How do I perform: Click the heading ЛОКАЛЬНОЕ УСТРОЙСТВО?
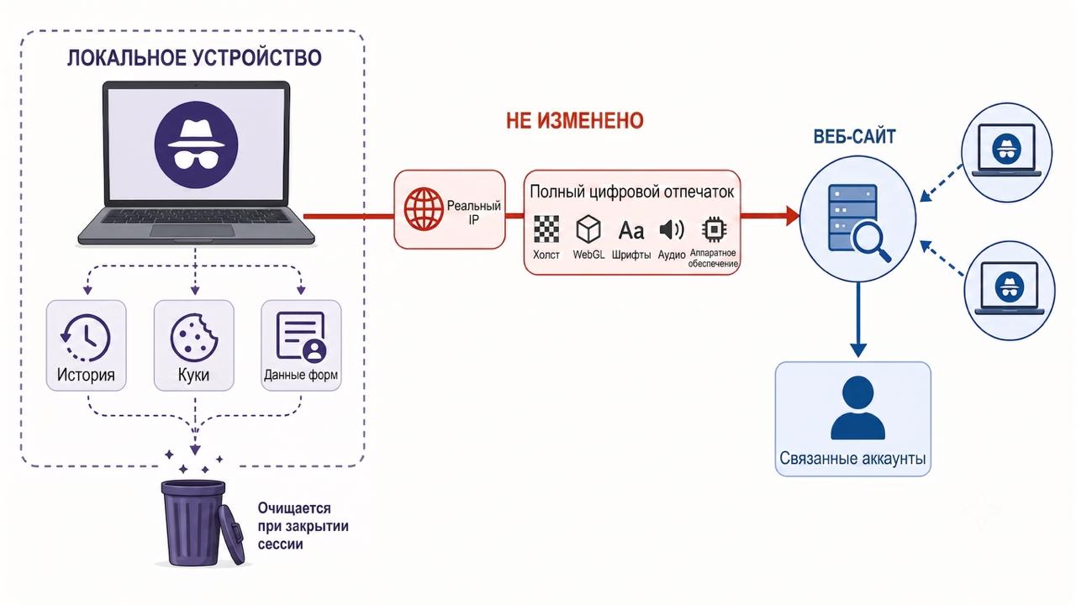pos(194,58)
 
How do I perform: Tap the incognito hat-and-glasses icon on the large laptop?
pos(196,145)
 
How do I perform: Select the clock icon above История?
pos(86,338)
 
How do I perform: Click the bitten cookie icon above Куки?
pos(194,337)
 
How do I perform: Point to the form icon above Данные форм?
pos(301,336)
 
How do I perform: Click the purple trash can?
pos(202,523)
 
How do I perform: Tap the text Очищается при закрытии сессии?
pos(303,526)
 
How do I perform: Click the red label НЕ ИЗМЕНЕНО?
pos(574,120)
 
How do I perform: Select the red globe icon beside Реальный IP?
pos(424,209)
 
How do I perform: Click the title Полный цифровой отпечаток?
pos(631,192)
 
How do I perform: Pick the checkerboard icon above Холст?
pos(546,229)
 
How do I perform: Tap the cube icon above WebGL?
pos(588,229)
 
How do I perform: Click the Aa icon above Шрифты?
pos(630,230)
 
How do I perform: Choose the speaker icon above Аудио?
pos(672,230)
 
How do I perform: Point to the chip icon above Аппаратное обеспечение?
pos(714,229)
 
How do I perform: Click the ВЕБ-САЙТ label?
pos(855,137)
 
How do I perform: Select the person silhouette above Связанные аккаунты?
pos(858,408)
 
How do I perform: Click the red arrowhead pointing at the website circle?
pos(793,216)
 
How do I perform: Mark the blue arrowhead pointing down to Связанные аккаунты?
pos(858,350)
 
